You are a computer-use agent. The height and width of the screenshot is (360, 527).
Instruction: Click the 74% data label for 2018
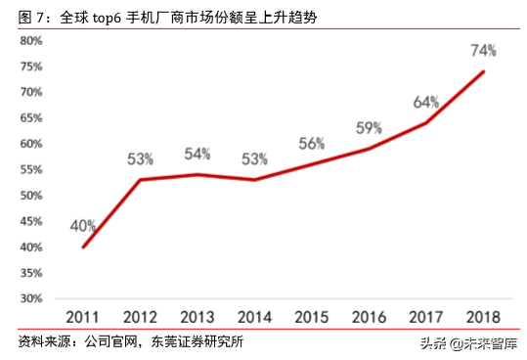tap(483, 50)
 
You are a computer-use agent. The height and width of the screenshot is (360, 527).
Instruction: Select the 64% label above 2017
tap(426, 101)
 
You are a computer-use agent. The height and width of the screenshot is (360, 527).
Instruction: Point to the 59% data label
tap(368, 127)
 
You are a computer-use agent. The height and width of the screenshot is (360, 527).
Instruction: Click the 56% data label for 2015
tap(312, 143)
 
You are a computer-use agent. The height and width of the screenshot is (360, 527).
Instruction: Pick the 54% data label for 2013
tap(198, 154)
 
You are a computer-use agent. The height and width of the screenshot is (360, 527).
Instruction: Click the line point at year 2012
tap(140, 180)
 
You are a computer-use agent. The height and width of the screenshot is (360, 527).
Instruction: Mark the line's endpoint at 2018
tap(483, 71)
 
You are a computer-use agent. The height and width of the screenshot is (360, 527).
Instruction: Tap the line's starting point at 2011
tap(83, 247)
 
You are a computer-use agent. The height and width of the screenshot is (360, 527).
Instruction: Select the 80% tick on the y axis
tap(30, 41)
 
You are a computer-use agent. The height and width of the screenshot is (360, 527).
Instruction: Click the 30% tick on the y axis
tap(30, 298)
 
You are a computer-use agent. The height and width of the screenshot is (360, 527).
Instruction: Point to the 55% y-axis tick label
tap(30, 169)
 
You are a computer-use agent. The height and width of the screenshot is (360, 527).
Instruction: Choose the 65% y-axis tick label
tap(30, 118)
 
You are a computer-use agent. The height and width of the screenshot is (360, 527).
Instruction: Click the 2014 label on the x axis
tap(254, 317)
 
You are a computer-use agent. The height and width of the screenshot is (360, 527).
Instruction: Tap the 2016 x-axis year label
tap(369, 317)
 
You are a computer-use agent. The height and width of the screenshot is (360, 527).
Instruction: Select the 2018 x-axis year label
tap(483, 317)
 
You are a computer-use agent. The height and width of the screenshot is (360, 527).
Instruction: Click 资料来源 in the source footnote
tap(38, 342)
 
